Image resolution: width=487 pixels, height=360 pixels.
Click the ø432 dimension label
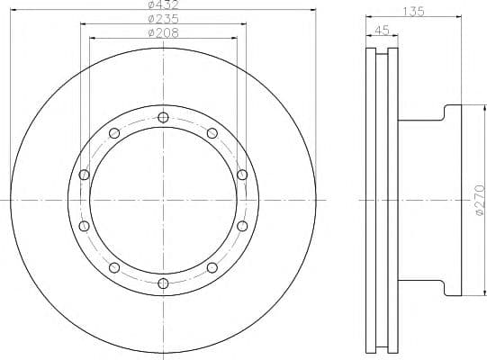(x=163, y=4)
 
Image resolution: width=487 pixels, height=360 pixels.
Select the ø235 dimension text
(x=163, y=19)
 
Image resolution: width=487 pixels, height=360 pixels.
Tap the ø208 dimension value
(x=163, y=32)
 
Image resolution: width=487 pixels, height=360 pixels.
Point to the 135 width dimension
(x=413, y=12)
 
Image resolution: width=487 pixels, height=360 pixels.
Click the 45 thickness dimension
(x=382, y=30)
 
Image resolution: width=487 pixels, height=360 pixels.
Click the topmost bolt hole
(x=163, y=117)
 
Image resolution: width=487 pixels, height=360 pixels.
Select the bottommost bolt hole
(x=163, y=283)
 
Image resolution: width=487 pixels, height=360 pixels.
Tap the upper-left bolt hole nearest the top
(x=114, y=133)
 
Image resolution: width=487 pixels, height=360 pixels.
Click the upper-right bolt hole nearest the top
(x=212, y=133)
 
